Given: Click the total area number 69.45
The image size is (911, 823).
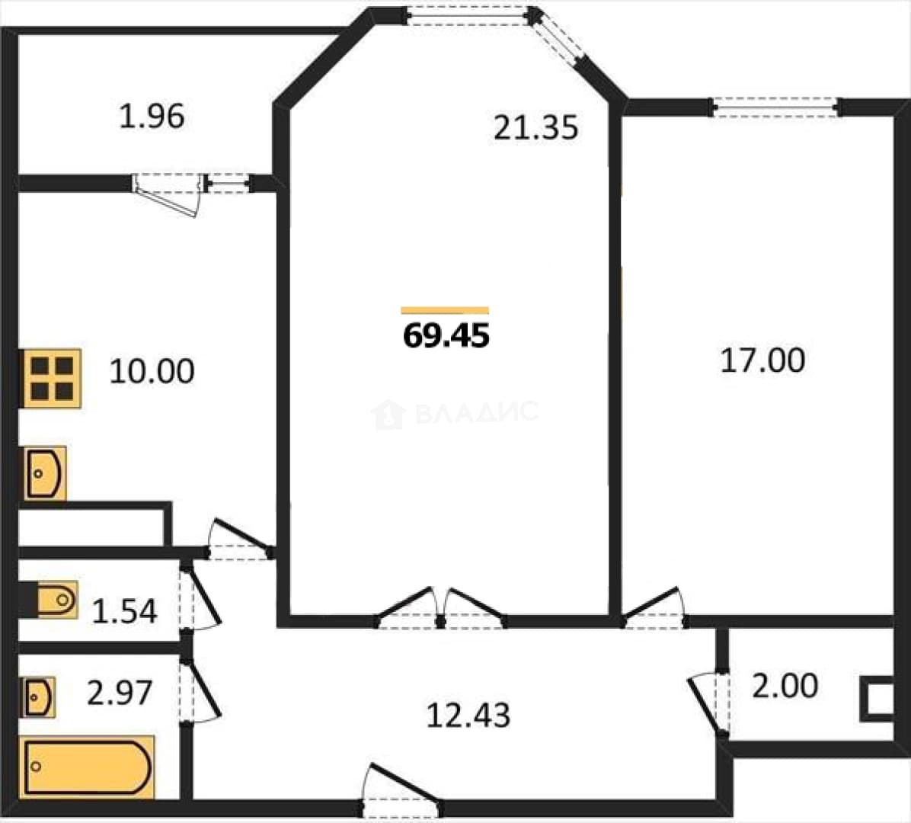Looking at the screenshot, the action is (446, 335).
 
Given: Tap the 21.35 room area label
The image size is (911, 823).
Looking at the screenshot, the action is (535, 128).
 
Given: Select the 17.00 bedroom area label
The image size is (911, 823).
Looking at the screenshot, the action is (762, 360).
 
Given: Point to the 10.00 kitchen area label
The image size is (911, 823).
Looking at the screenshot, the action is (152, 371).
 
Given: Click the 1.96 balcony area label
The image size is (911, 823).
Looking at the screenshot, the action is (152, 116).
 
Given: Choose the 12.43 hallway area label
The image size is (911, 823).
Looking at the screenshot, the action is (468, 716).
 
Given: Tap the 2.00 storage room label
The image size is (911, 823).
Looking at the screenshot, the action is (785, 686).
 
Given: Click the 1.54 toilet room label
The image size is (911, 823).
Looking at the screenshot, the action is (124, 611).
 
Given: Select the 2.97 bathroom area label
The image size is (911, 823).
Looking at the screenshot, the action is (120, 693).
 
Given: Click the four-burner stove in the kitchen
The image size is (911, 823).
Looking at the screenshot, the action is (50, 379).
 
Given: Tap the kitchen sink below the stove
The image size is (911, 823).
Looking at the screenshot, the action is (43, 473).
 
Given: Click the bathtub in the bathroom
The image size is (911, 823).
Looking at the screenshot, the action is (87, 767).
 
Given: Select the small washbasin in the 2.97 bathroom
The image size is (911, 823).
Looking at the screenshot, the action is (38, 697).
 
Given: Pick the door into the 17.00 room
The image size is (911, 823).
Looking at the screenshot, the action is (654, 607).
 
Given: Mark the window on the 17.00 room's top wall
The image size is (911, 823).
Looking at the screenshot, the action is (775, 107).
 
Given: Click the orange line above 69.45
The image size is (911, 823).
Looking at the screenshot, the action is (445, 310).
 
